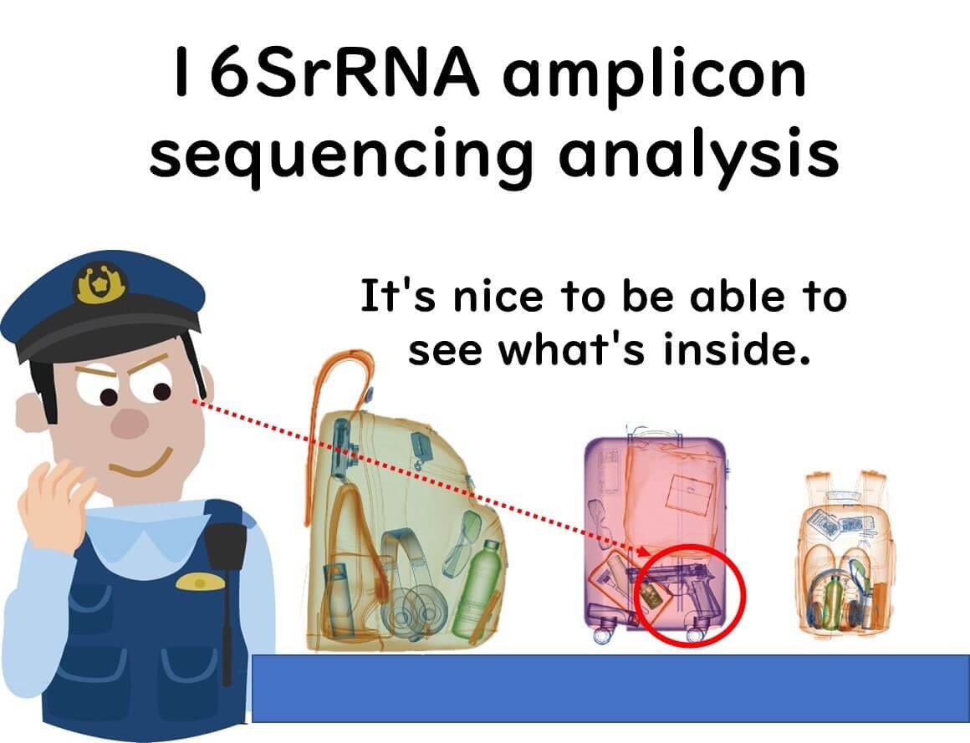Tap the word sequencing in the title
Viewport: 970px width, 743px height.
pos(339,155)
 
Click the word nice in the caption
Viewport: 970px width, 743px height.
pos(498,296)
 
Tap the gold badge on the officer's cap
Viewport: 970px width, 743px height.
pos(101,284)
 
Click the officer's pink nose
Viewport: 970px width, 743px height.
pos(130,424)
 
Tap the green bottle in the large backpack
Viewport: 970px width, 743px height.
pos(477,590)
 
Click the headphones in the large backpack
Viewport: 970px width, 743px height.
pos(408,588)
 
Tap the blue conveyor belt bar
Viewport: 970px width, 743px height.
pos(610,688)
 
